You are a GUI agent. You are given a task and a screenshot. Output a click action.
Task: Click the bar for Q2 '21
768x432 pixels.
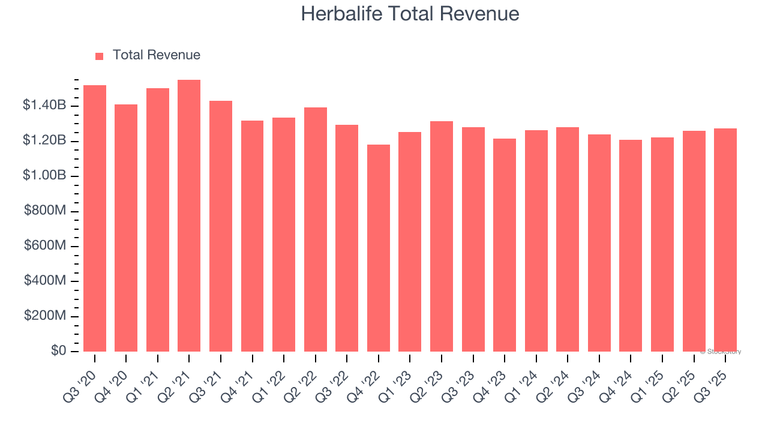point(189,216)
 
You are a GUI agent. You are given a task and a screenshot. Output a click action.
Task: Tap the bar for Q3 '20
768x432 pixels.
point(95,218)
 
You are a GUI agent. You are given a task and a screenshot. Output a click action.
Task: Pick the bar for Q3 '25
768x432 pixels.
point(725,240)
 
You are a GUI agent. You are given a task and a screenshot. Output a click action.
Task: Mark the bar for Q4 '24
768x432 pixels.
point(631,245)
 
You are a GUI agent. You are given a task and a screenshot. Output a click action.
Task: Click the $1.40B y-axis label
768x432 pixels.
point(44,106)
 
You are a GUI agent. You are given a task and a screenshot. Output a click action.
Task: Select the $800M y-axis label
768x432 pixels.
point(46,211)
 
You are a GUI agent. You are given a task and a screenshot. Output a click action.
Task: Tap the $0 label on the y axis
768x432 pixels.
point(58,351)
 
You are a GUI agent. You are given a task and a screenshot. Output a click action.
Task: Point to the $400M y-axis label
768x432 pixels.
point(46,281)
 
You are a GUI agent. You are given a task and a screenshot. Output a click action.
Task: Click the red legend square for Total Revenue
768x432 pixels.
point(100,56)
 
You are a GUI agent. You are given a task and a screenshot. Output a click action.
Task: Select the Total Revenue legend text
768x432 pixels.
point(157,55)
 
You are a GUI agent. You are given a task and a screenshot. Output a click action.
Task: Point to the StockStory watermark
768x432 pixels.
point(722,352)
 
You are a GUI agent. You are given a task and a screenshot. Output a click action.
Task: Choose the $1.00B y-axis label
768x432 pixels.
point(44,176)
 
